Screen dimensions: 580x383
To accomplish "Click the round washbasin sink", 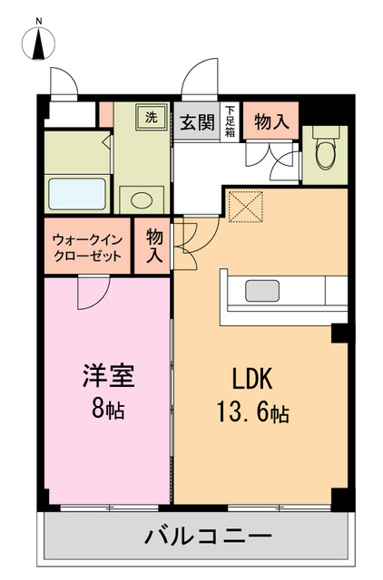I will tap(142, 198).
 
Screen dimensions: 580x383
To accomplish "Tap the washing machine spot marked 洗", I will tap(152, 117).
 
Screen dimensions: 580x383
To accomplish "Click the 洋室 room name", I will tap(103, 375).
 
